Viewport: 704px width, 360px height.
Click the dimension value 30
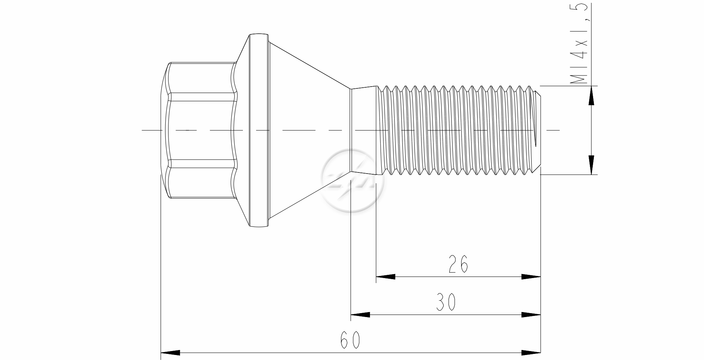tap(446, 302)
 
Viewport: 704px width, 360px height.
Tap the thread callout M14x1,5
tap(579, 44)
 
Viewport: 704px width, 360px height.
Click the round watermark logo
tap(353, 181)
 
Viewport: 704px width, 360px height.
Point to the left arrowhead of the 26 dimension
tap(386, 277)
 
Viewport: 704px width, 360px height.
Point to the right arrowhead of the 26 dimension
tap(531, 277)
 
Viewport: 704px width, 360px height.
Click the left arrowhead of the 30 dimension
tap(360, 315)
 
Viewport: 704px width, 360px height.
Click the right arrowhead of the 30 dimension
tap(531, 315)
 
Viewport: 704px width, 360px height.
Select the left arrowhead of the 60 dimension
tap(171, 352)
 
